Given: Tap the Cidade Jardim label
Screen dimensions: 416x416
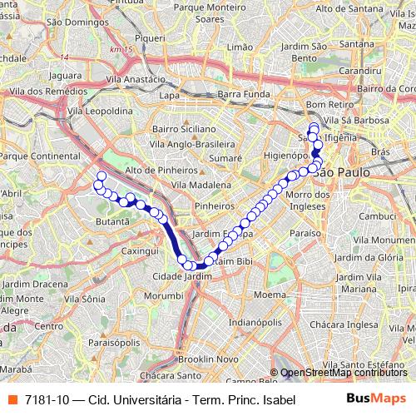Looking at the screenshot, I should point(178,276).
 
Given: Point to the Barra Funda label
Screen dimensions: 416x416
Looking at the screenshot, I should point(239,96).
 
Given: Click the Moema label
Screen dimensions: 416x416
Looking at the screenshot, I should point(269,295).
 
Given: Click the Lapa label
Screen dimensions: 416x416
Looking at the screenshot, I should point(170,96).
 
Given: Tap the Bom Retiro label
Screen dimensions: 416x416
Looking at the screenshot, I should point(324,105).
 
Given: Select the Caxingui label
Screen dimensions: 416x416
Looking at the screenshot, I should point(139,250).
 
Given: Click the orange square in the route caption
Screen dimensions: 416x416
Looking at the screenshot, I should point(11,399).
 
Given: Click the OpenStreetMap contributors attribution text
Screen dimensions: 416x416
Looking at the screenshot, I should point(347,374).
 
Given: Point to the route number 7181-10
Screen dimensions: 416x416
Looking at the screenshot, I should point(46,399).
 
